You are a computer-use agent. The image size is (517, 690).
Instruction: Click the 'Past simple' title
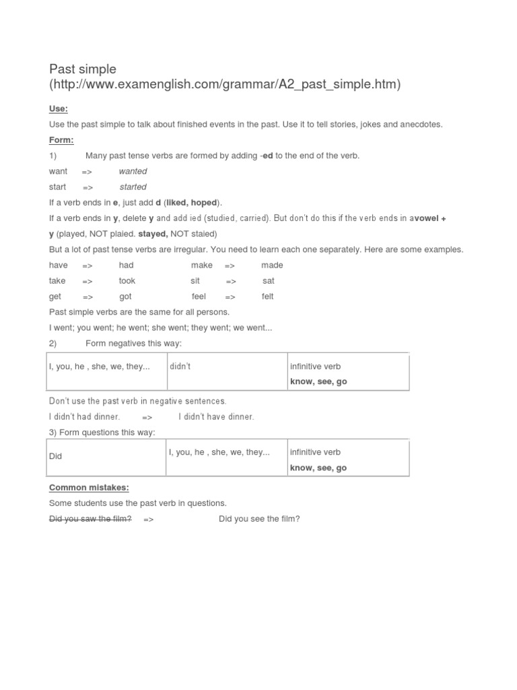point(83,69)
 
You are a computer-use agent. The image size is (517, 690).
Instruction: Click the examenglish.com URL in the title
point(225,85)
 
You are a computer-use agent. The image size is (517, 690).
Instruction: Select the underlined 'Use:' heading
point(59,108)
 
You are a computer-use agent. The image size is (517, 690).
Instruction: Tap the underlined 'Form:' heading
point(61,140)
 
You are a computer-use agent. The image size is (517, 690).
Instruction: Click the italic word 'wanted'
point(133,171)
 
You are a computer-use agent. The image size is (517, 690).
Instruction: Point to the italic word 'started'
point(133,187)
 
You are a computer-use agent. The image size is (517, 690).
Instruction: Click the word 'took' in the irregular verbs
point(127,280)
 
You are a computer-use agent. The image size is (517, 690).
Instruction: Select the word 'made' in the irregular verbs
point(272,265)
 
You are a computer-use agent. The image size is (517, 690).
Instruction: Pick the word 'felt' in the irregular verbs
point(267,296)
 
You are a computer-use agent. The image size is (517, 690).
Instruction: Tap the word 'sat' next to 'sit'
point(269,280)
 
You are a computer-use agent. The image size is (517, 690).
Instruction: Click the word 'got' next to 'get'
point(125,296)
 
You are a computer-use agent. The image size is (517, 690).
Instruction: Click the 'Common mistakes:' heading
point(89,487)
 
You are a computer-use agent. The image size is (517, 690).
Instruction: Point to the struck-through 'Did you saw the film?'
point(90,519)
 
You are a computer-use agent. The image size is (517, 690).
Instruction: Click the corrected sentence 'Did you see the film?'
point(259,519)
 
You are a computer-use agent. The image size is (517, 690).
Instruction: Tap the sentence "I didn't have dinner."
point(216,416)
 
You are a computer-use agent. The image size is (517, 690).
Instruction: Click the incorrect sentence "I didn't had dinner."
point(84,416)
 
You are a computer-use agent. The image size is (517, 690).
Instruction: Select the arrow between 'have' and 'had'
point(88,265)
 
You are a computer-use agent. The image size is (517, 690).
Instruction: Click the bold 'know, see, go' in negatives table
point(318,381)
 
